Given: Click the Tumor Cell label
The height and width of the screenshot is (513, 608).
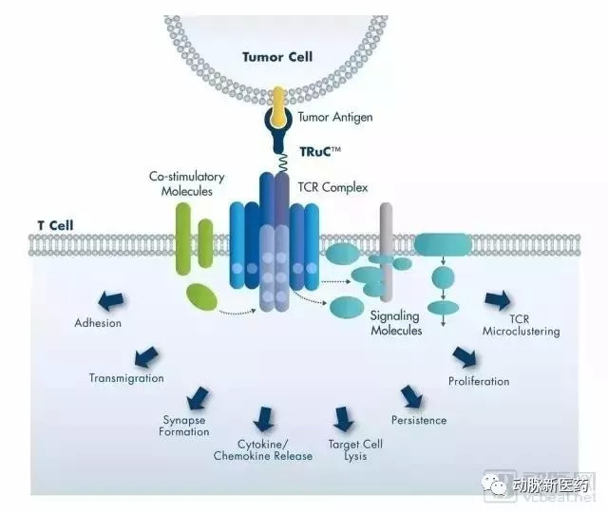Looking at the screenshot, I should (277, 57).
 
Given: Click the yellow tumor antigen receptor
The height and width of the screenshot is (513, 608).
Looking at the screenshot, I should (277, 108).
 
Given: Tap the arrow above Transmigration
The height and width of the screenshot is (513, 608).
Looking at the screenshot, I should (146, 357).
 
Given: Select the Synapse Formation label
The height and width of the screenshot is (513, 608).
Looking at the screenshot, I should (184, 426).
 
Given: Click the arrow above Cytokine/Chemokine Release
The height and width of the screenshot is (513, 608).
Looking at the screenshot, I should (263, 419).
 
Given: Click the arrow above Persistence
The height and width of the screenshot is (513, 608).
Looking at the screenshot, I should (410, 396).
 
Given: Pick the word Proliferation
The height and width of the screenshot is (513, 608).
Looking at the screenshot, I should (479, 382).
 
